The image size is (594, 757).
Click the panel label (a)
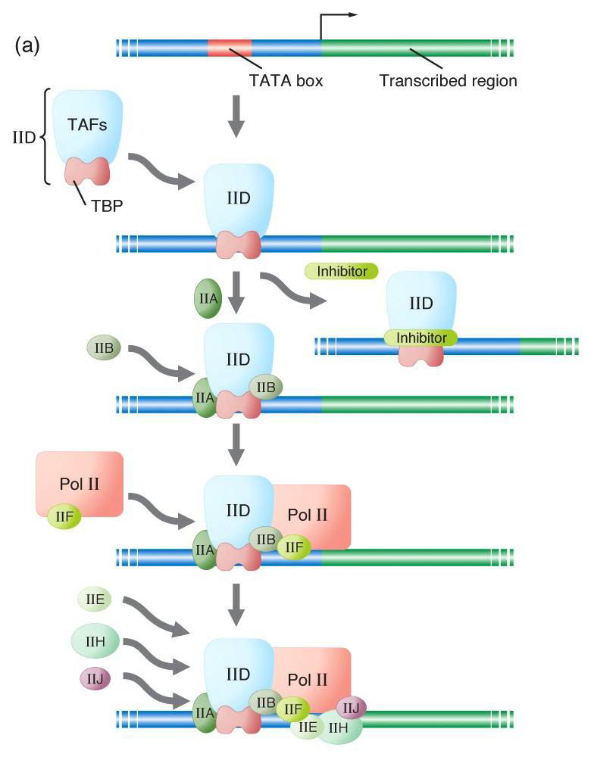[27, 46]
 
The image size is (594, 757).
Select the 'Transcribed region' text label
[448, 80]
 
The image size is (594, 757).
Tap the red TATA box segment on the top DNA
[229, 48]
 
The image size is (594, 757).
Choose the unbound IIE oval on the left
[95, 600]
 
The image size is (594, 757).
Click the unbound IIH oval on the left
[95, 641]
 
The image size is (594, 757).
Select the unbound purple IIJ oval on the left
[95, 678]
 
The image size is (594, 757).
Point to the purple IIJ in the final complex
[351, 708]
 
